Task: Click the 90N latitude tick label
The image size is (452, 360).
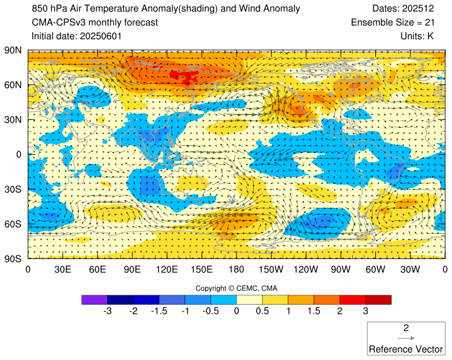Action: pos(13,50)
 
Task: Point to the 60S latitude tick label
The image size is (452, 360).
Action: pos(13,224)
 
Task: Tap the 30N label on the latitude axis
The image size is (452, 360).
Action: pos(13,119)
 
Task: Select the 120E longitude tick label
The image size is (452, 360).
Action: pos(167,269)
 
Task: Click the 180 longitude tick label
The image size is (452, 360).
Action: pos(236,269)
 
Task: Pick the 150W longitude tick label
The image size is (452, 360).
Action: pos(271,269)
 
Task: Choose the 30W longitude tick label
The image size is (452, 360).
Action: pos(410,269)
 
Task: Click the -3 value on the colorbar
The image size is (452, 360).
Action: pos(107,311)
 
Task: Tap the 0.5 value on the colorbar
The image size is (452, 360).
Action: pos(262,311)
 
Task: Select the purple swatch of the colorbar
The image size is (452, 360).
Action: pos(95,299)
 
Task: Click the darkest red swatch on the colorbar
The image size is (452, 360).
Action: pos(378,299)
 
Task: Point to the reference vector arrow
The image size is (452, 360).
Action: pos(406,339)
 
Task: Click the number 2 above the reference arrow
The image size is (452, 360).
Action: pos(406,328)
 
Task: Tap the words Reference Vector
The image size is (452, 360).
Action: pos(406,349)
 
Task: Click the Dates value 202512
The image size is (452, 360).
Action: pos(427,9)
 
